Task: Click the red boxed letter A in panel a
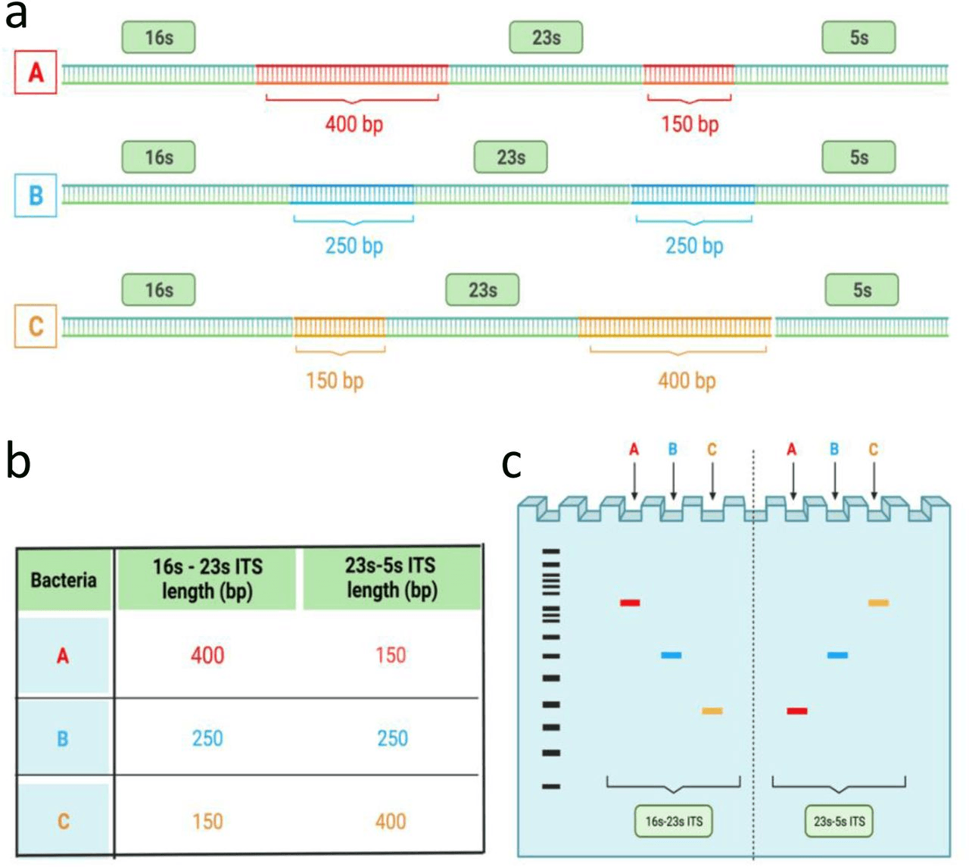[x=36, y=73]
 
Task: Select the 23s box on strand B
[x=510, y=157]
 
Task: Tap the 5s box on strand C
[x=862, y=290]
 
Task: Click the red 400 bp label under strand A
[x=354, y=123]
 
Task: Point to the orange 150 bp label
[x=334, y=380]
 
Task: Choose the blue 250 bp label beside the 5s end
[x=693, y=245]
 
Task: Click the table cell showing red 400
[x=207, y=655]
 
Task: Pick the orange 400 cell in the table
[x=391, y=821]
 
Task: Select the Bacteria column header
[x=64, y=580]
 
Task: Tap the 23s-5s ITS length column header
[x=391, y=578]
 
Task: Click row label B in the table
[x=63, y=738]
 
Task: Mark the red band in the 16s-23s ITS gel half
[x=630, y=603]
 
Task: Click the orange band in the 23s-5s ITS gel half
[x=878, y=603]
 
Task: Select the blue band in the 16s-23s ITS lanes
[x=671, y=655]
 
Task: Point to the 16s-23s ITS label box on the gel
[x=674, y=821]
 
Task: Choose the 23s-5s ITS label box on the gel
[x=839, y=821]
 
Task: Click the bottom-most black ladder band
[x=551, y=787]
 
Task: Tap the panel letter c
[x=512, y=462]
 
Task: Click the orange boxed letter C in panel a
[x=36, y=326]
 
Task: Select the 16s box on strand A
[x=158, y=37]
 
